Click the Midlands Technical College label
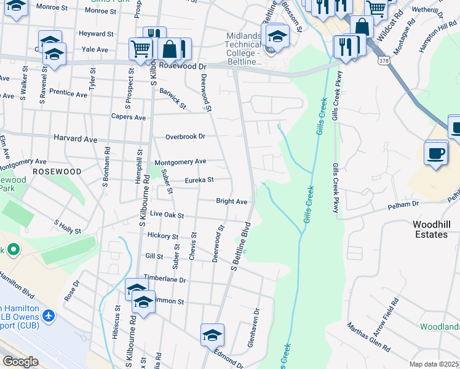click(244, 44)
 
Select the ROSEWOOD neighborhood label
click(57, 171)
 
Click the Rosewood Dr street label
click(182, 65)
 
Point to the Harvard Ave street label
click(76, 140)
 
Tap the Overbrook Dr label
click(184, 136)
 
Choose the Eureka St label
click(199, 180)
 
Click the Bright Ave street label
click(231, 201)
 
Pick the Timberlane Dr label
click(165, 279)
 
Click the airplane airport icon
click(49, 317)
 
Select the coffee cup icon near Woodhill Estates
click(436, 153)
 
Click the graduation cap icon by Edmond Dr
click(212, 335)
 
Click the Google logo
click(20, 362)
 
